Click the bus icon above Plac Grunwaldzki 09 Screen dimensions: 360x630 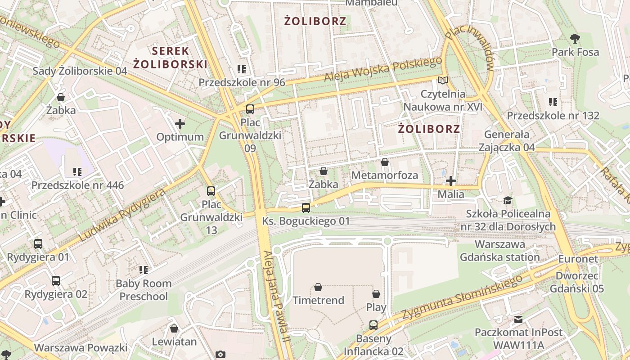[x=250, y=109]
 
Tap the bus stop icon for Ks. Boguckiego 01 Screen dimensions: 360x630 [x=306, y=207]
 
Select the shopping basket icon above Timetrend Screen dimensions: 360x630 [x=318, y=287]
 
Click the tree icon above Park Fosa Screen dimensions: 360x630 [x=575, y=38]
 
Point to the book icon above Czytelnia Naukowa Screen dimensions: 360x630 [x=443, y=81]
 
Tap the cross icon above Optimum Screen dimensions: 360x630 [x=180, y=123]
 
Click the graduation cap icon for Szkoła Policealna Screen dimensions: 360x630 [x=508, y=200]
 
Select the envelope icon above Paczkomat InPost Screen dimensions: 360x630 [x=518, y=319]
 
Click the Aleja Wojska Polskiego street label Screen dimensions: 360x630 [x=383, y=70]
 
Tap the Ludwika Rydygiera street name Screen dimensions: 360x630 [x=122, y=215]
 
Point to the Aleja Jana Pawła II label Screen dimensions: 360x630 [x=275, y=297]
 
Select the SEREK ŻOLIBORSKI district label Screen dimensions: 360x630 [x=170, y=57]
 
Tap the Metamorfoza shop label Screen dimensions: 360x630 [x=385, y=175]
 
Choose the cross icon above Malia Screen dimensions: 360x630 [x=451, y=181]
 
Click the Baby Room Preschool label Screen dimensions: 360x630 [x=144, y=290]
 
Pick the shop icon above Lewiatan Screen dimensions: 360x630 [x=174, y=328]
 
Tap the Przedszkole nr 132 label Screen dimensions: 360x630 [x=553, y=116]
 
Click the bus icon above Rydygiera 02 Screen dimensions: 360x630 [x=56, y=281]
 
